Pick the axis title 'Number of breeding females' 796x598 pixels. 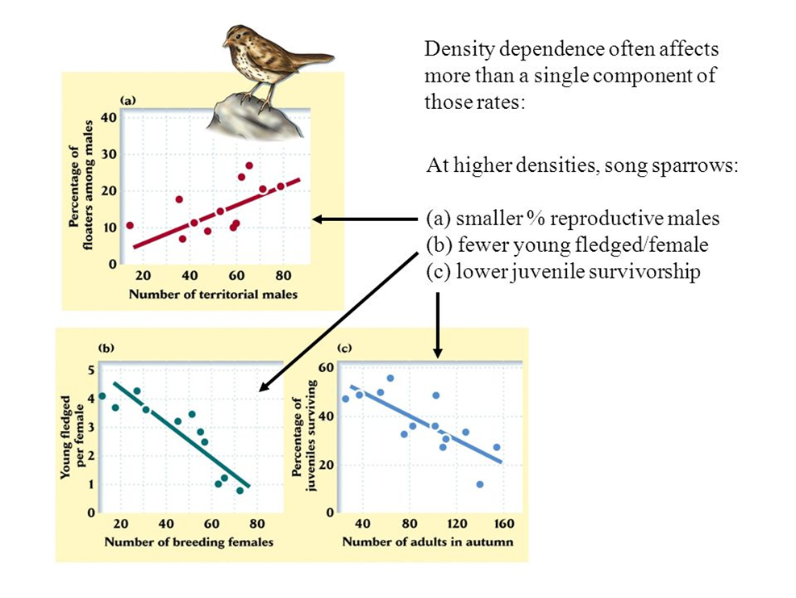click(x=189, y=542)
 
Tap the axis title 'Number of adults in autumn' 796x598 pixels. click(x=427, y=542)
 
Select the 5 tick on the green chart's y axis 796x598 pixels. click(x=91, y=370)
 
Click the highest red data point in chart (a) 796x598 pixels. click(x=249, y=165)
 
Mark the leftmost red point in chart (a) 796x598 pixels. click(x=130, y=226)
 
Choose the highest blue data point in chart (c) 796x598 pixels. click(x=390, y=378)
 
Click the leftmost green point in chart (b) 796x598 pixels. click(x=102, y=396)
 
